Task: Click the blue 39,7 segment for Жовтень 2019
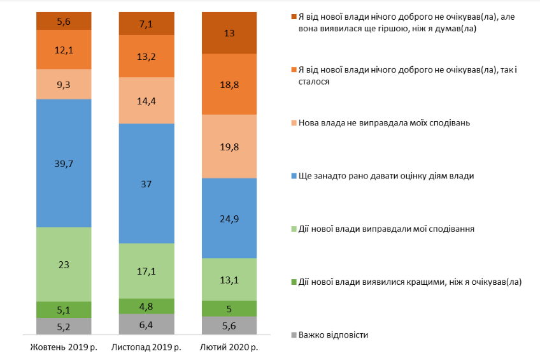coord(64,162)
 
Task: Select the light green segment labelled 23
coord(64,264)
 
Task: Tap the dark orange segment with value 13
coord(229,33)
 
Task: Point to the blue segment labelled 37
coord(146,183)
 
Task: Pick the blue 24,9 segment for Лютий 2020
coord(229,218)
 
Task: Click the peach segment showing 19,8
coord(229,146)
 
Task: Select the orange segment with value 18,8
coord(229,84)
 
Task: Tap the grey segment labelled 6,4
coord(146,324)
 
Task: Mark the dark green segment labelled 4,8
coord(146,306)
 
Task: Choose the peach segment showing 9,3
coord(64,83)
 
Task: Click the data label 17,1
coord(146,271)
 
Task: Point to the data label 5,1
coord(64,310)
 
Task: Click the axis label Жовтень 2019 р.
coord(64,348)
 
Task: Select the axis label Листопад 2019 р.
coord(146,348)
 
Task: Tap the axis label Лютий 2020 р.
coord(229,348)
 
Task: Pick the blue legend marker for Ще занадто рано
coord(293,175)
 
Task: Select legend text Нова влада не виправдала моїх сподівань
coord(384,122)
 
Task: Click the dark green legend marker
coord(293,282)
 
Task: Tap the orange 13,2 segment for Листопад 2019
coord(146,56)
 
